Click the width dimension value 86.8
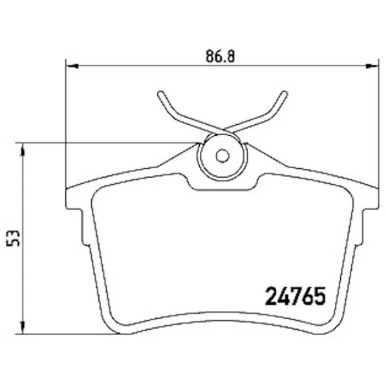click(220, 56)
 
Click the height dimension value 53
click(13, 238)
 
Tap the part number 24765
click(296, 296)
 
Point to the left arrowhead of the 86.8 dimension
click(72, 66)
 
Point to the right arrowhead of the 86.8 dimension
click(372, 66)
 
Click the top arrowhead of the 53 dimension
click(23, 149)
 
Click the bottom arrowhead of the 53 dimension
click(23, 328)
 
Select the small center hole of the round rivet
click(222, 156)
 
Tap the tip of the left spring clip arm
click(160, 94)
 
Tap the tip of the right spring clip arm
click(285, 94)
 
